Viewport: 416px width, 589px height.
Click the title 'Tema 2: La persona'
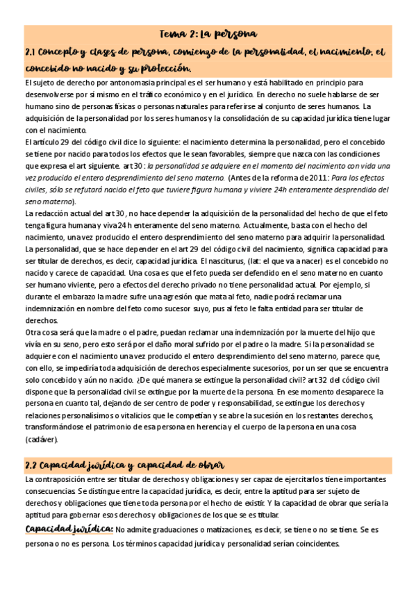pos(208,33)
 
